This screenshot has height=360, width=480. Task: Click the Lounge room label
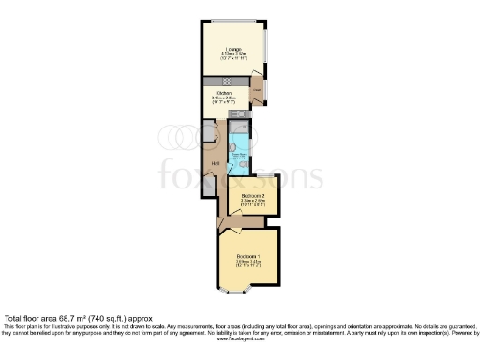click(x=232, y=48)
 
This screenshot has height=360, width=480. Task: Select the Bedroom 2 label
click(x=251, y=195)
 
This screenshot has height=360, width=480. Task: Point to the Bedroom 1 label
click(x=247, y=255)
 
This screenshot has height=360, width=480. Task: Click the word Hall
click(x=215, y=164)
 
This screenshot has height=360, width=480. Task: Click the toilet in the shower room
click(x=244, y=166)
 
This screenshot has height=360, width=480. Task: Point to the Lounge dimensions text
click(x=232, y=56)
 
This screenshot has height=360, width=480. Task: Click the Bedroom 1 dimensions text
click(x=247, y=263)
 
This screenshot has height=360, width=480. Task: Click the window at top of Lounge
click(x=234, y=22)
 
